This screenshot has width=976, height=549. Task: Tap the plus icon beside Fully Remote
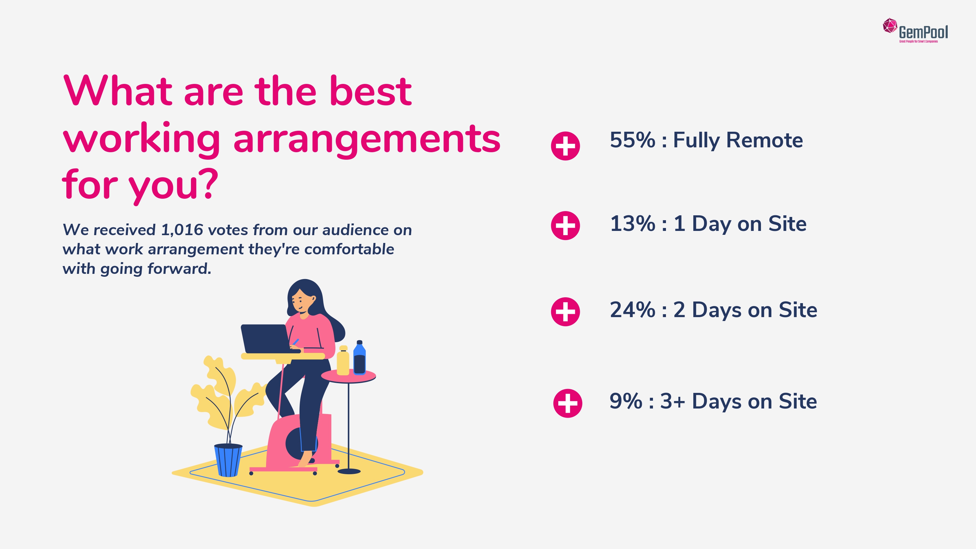point(565,146)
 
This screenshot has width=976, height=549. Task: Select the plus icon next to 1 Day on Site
point(565,225)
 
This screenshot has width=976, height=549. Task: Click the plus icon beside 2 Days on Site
point(565,312)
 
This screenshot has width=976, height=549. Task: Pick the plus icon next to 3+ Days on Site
point(568,403)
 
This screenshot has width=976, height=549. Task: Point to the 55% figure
point(632,140)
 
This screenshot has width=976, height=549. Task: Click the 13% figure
point(632,223)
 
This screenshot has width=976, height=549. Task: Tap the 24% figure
point(632,310)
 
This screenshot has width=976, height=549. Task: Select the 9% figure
point(626,401)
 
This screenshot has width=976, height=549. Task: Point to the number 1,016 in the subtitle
point(182,230)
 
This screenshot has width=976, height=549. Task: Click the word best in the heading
point(370,91)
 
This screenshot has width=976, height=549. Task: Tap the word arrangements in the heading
point(367,140)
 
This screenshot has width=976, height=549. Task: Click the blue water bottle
point(359,358)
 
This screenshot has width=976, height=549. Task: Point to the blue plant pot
point(228,460)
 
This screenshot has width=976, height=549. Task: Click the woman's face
point(302,301)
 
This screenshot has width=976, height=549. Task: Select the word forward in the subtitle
point(179,269)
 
